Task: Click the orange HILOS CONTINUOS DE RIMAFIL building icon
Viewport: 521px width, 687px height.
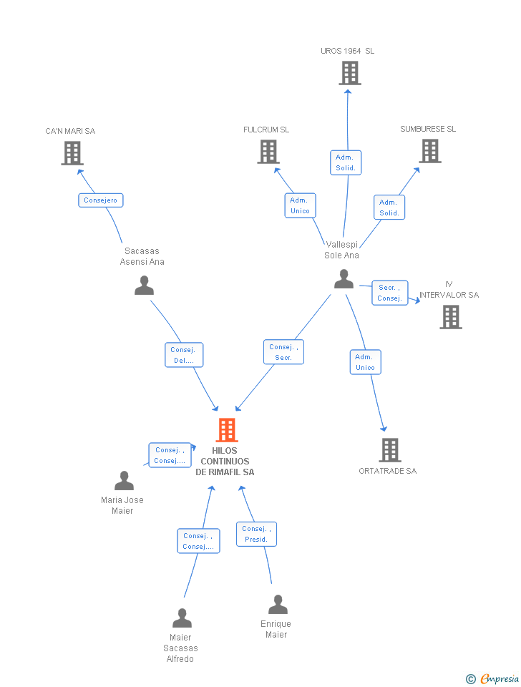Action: pyautogui.click(x=227, y=430)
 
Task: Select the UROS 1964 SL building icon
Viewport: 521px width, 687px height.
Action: pyautogui.click(x=350, y=73)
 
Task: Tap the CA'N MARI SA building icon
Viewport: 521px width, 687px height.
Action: pyautogui.click(x=72, y=153)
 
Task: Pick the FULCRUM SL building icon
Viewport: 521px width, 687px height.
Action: pyautogui.click(x=268, y=152)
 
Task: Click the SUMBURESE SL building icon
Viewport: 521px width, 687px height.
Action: pyautogui.click(x=430, y=151)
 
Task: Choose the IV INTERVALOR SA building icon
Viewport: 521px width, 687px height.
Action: pyautogui.click(x=451, y=317)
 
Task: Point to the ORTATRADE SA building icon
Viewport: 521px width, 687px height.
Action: pyautogui.click(x=390, y=450)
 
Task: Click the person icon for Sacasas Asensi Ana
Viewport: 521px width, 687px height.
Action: pyautogui.click(x=144, y=286)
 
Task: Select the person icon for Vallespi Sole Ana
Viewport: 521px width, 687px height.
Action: pyautogui.click(x=344, y=279)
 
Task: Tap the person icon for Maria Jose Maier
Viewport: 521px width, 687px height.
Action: pyautogui.click(x=124, y=481)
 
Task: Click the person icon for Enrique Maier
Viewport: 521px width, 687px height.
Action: pyautogui.click(x=278, y=605)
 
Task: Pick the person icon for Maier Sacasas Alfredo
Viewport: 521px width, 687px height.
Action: pyautogui.click(x=182, y=618)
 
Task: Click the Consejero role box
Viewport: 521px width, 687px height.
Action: pyautogui.click(x=101, y=200)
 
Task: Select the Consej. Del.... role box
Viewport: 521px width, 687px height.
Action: pyautogui.click(x=184, y=355)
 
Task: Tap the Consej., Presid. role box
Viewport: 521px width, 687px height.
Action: pyautogui.click(x=256, y=534)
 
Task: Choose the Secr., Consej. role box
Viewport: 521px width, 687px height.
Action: pyautogui.click(x=389, y=293)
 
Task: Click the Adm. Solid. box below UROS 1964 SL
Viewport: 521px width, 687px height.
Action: pyautogui.click(x=346, y=162)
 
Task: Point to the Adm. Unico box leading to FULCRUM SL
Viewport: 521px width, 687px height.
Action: pyautogui.click(x=300, y=205)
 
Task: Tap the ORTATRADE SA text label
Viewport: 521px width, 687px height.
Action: pyautogui.click(x=388, y=471)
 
